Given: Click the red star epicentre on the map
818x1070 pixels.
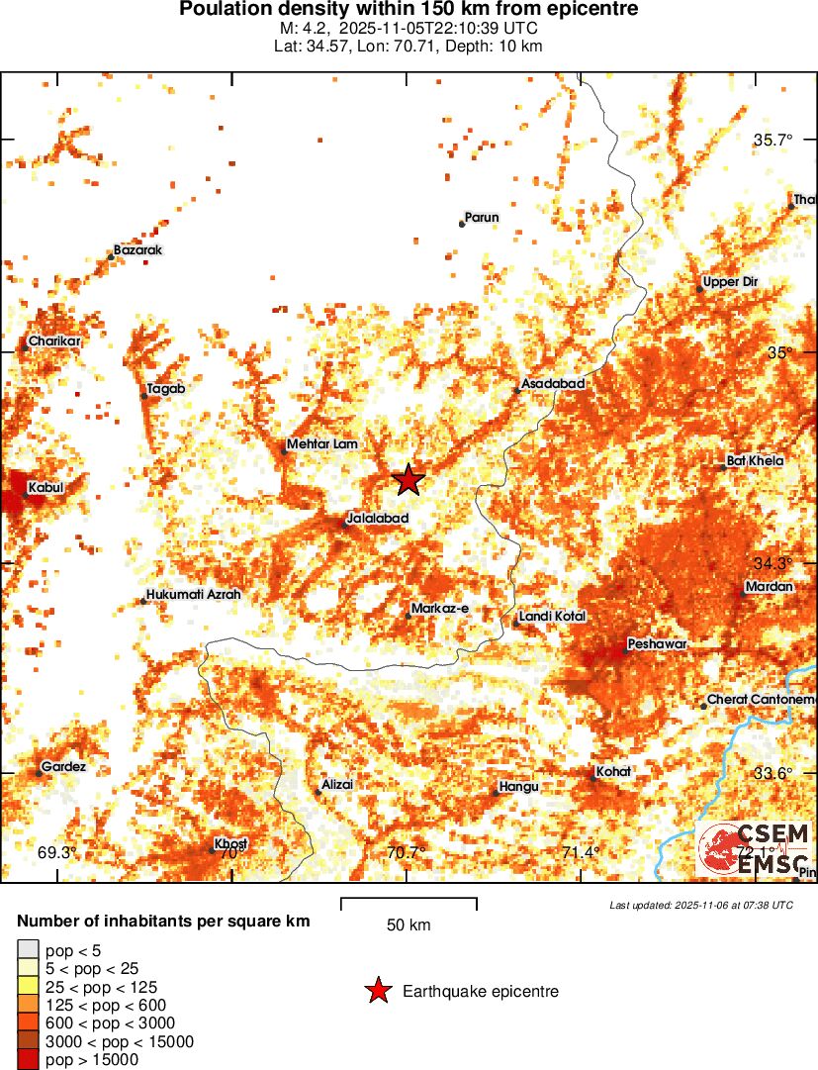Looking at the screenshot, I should pyautogui.click(x=409, y=480).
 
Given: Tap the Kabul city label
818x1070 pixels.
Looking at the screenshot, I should pyautogui.click(x=45, y=488).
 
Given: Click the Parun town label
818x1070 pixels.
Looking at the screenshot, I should pyautogui.click(x=481, y=218).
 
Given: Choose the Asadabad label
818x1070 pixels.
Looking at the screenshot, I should pyautogui.click(x=553, y=383).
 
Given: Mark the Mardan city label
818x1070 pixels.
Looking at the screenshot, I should pyautogui.click(x=770, y=587).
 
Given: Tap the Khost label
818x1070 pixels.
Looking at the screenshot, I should pyautogui.click(x=230, y=843).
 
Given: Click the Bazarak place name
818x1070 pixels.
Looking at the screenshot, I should pyautogui.click(x=138, y=250).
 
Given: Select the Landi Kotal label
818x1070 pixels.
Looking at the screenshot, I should pyautogui.click(x=552, y=617).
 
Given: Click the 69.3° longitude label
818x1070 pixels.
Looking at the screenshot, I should pyautogui.click(x=56, y=852).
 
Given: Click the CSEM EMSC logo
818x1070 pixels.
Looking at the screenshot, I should pyautogui.click(x=754, y=848).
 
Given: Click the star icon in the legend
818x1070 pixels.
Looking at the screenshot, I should pyautogui.click(x=378, y=991).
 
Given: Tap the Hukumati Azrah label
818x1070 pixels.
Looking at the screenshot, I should pyautogui.click(x=193, y=595).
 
